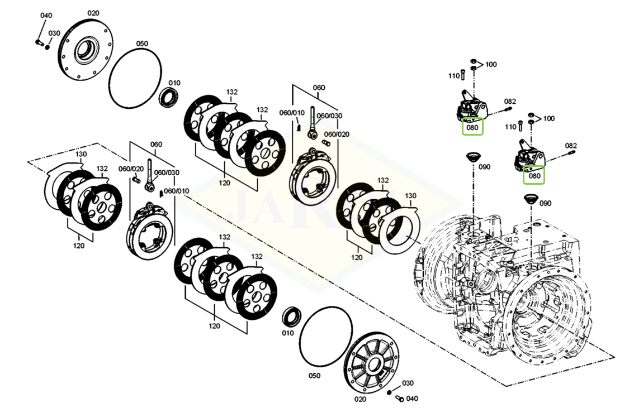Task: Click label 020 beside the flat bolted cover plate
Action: click(x=93, y=13)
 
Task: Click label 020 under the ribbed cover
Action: click(x=360, y=399)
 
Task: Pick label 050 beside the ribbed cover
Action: click(x=314, y=376)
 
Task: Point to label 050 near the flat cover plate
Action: click(x=141, y=44)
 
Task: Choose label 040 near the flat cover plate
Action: click(x=46, y=15)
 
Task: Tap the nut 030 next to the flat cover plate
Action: click(x=48, y=47)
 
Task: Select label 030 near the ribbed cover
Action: click(x=408, y=383)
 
